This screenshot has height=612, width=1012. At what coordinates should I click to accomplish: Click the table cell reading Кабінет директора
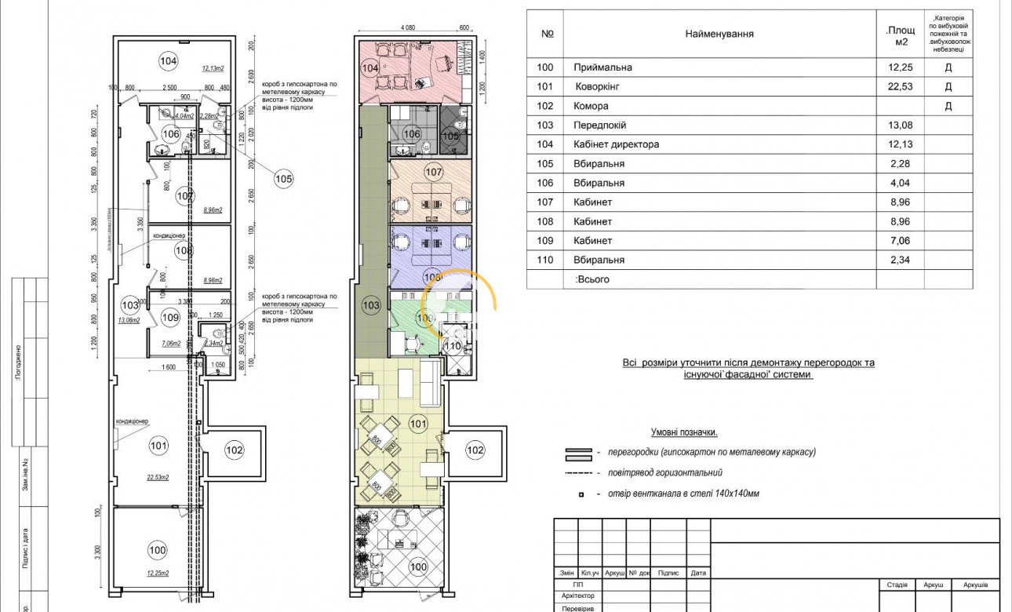click(x=617, y=144)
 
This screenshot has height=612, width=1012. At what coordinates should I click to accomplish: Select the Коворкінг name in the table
click(x=602, y=86)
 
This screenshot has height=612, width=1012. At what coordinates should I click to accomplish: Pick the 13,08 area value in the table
click(x=900, y=125)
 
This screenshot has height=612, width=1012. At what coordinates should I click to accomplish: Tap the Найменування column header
click(x=719, y=34)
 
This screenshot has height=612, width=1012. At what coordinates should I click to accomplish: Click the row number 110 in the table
click(x=545, y=260)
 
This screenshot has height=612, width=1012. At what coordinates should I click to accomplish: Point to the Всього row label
click(x=592, y=279)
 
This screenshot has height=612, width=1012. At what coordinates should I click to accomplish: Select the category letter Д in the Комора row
click(x=948, y=106)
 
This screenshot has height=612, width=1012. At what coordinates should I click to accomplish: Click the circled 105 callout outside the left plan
click(x=283, y=179)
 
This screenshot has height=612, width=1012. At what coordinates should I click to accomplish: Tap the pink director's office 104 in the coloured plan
click(x=408, y=71)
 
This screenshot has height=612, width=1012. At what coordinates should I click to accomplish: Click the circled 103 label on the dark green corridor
click(x=370, y=304)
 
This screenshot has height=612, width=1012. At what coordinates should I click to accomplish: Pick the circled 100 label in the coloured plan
click(x=419, y=566)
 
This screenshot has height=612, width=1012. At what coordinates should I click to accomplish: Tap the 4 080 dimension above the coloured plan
click(x=407, y=27)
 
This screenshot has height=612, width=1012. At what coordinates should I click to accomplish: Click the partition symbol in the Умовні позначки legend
click(x=578, y=453)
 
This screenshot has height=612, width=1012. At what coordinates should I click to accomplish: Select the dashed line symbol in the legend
click(x=578, y=473)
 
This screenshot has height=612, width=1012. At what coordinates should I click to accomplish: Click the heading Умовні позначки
click(x=684, y=432)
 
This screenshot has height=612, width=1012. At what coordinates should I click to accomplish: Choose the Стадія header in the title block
click(x=897, y=585)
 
